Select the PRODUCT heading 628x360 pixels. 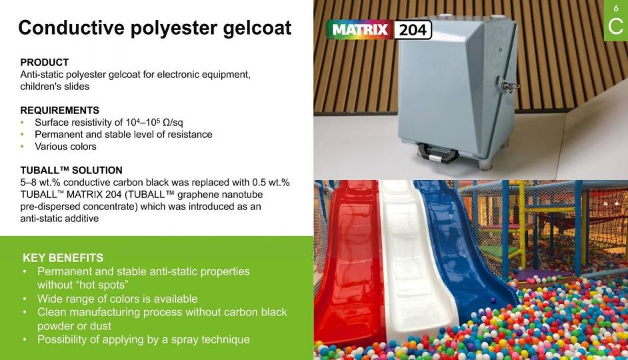(x=45, y=63)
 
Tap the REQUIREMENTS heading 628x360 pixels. (x=60, y=110)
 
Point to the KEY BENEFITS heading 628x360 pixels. (x=63, y=257)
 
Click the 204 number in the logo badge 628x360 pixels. (x=413, y=29)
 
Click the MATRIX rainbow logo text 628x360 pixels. (x=359, y=29)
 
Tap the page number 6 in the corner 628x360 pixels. (x=616, y=8)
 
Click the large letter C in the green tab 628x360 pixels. (x=615, y=27)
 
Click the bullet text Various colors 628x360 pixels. (x=66, y=147)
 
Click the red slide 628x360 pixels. (x=349, y=260)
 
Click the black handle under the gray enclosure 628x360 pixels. (x=438, y=153)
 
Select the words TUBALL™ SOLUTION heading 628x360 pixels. (x=71, y=170)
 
